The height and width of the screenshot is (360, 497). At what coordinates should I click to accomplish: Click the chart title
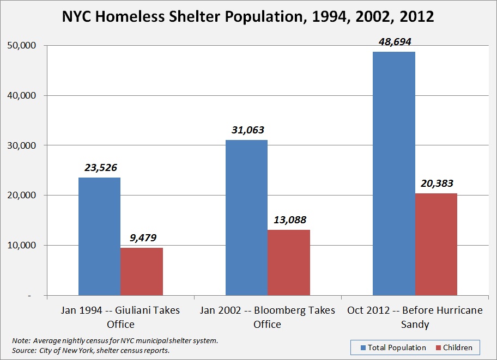click(x=248, y=16)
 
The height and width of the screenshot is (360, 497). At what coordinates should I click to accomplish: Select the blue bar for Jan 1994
click(x=99, y=236)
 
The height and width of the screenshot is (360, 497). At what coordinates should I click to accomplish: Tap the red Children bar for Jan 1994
click(x=142, y=271)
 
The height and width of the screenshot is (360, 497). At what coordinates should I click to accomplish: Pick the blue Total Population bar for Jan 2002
click(x=246, y=217)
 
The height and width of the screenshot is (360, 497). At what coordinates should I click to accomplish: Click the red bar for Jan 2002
click(x=289, y=263)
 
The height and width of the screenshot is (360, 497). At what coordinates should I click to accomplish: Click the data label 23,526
click(x=100, y=168)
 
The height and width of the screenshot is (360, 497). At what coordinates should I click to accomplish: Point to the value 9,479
click(x=142, y=238)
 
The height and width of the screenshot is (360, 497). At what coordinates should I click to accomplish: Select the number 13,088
click(x=289, y=220)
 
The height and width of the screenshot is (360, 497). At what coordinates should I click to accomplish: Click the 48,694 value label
click(x=393, y=42)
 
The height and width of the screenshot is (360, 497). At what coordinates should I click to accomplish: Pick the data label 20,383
click(x=436, y=184)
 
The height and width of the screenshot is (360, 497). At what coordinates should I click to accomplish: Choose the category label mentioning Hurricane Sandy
click(x=415, y=317)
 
